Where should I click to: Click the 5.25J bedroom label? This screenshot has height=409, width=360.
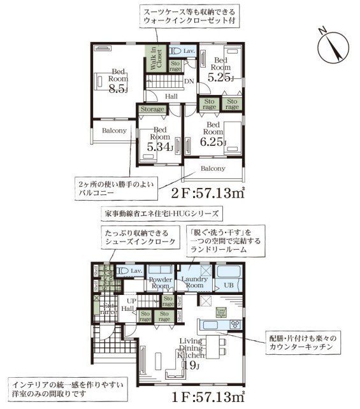pos(220,68)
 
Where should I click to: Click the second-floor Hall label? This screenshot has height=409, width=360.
pos(171,96)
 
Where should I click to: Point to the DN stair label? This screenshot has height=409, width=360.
pos(189,81)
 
